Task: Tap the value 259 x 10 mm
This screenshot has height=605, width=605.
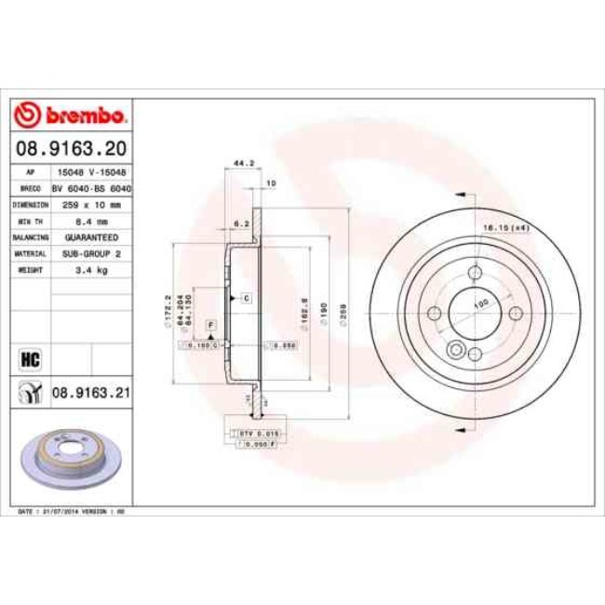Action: point(89,204)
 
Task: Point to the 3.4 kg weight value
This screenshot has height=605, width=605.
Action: point(89,270)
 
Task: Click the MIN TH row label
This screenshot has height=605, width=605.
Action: point(31,221)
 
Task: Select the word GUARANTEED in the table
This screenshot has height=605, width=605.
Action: point(89,237)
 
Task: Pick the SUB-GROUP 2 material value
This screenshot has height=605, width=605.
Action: point(89,253)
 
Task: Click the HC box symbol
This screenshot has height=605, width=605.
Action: point(31,357)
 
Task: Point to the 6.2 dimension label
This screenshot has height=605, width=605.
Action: point(240,223)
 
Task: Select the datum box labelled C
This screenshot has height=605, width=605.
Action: point(247,299)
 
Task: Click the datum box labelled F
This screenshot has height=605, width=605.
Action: point(211,323)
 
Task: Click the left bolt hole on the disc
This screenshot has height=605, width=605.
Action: point(434,313)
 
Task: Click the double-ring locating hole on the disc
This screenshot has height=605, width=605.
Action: point(455,350)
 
